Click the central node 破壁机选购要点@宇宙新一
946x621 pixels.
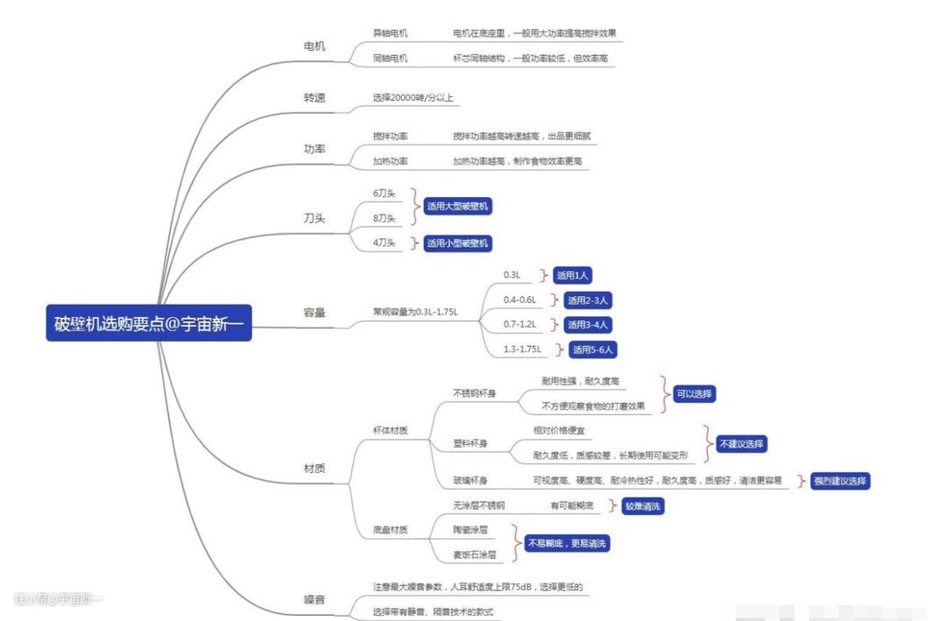click(x=149, y=323)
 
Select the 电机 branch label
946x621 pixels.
click(x=314, y=46)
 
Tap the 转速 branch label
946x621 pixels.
click(x=314, y=97)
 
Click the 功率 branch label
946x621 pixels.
click(x=314, y=149)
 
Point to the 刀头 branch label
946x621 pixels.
click(x=314, y=218)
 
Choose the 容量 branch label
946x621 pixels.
click(x=314, y=312)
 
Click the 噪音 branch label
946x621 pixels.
click(x=314, y=599)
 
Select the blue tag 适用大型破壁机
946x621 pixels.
click(x=457, y=207)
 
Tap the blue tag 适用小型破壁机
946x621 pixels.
click(x=457, y=243)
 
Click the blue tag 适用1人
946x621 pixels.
click(x=572, y=275)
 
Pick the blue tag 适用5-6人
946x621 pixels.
click(x=595, y=349)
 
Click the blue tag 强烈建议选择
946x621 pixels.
click(x=840, y=481)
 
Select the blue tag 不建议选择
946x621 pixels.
click(x=742, y=443)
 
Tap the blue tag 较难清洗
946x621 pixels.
click(x=643, y=506)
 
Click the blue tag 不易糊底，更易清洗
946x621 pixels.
click(x=567, y=544)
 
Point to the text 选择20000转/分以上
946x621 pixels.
click(x=413, y=97)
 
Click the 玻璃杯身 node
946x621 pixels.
click(x=470, y=481)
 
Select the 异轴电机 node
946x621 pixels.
click(x=391, y=33)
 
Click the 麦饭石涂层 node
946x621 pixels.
click(x=475, y=554)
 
